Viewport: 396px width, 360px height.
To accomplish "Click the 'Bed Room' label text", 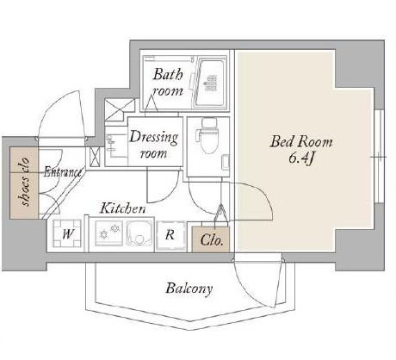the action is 301,141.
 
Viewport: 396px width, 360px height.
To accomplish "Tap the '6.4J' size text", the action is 300,158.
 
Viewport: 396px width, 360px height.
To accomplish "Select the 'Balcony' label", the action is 189,289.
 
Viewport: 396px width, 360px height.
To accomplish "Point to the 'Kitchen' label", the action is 122,208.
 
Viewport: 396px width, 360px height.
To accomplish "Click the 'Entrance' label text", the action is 63,172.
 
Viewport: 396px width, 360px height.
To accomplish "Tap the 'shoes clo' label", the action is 26,182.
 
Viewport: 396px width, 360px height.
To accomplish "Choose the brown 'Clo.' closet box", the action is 211,239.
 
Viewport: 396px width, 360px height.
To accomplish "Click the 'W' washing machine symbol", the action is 67,233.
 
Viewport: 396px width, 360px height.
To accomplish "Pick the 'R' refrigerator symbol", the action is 170,235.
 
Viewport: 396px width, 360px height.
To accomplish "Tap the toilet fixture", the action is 209,136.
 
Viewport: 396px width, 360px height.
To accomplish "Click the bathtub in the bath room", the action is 211,83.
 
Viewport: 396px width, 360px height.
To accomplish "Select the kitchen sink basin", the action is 139,233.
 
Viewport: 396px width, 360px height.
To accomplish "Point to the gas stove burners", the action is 109,232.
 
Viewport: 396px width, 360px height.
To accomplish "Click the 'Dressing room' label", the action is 154,145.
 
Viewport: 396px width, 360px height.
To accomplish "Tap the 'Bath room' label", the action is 168,83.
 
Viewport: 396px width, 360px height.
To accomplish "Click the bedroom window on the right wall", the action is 380,157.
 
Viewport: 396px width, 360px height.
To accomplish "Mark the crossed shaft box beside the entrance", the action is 95,157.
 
